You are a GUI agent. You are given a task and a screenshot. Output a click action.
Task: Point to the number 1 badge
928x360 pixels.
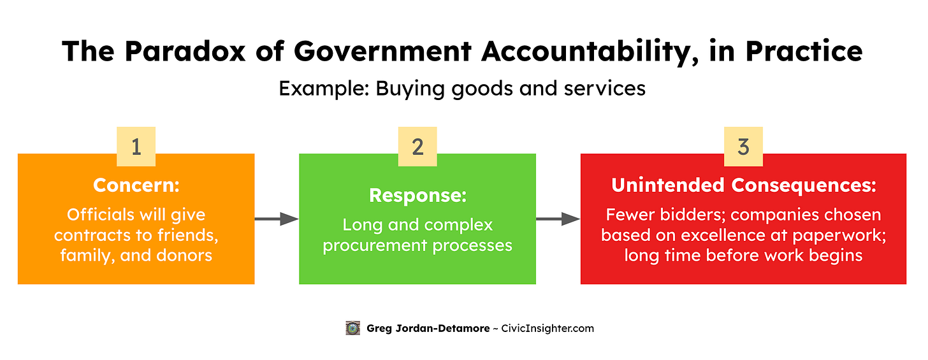136,147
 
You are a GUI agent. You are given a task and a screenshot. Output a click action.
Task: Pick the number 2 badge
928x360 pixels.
417,147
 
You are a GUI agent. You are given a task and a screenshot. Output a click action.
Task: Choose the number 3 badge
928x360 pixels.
743,147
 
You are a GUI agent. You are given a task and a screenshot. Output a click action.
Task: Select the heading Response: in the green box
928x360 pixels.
417,196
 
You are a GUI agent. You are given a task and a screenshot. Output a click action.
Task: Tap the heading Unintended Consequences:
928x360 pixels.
743,185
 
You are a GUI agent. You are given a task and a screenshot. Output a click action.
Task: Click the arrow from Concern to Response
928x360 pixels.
277,219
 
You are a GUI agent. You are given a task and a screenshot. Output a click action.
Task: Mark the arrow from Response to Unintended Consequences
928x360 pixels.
558,219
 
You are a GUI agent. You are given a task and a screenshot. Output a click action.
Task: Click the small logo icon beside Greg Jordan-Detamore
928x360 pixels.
352,328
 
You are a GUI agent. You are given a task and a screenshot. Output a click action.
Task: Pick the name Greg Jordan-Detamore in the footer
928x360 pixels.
424,329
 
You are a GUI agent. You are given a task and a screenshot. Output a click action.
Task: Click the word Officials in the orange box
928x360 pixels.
98,215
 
